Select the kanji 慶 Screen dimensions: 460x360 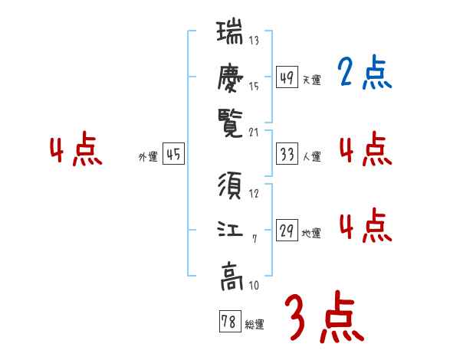pos(230,77)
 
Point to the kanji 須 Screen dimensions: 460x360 pos(230,186)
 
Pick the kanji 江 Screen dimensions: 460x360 pos(230,231)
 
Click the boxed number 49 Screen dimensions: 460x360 pos(287,78)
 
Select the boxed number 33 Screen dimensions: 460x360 pos(287,155)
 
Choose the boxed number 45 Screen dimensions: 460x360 pos(174,155)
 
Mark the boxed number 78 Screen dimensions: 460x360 pos(228,322)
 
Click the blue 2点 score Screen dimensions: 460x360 pos(364,74)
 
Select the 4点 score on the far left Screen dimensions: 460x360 pos(75,150)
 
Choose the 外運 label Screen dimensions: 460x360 pos(148,157)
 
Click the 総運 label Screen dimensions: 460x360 pos(255,325)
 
